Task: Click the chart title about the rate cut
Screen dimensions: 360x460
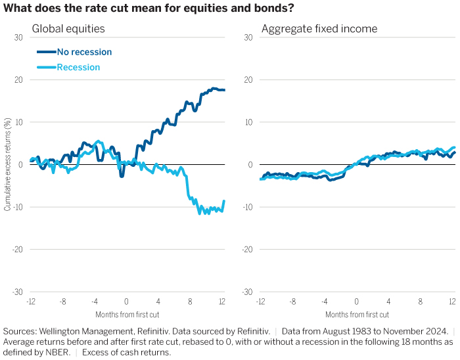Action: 149,8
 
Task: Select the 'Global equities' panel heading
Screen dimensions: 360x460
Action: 69,29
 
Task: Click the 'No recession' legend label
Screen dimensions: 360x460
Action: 84,52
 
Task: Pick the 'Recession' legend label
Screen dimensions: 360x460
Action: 78,67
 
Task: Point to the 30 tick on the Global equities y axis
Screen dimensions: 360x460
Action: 18,37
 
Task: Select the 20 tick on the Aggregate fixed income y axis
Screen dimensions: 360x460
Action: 248,79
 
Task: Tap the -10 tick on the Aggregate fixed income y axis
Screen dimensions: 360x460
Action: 247,207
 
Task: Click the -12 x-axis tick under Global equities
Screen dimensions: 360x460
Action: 30,301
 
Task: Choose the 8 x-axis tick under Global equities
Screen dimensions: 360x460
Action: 191,301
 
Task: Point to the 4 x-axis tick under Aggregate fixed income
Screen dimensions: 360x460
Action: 388,301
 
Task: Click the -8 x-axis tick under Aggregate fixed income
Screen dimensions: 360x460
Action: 292,301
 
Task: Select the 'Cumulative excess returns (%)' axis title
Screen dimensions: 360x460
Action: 7,165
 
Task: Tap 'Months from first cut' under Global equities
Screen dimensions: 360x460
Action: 126,314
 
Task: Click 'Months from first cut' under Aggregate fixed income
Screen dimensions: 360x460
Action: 356,314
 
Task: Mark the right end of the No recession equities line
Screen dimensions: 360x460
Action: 224,90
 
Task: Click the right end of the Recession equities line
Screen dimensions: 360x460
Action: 224,201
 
